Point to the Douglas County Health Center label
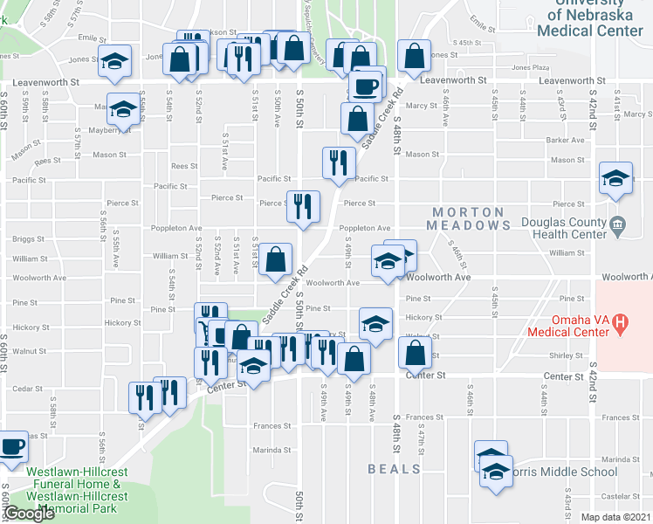[563, 228]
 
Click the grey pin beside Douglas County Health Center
[618, 225]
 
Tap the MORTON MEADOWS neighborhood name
[469, 218]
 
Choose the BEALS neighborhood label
[394, 469]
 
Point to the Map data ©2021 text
[615, 517]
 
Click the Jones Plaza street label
[530, 67]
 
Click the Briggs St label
[29, 238]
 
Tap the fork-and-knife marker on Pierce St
[301, 206]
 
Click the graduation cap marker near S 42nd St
[615, 179]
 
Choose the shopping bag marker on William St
[276, 259]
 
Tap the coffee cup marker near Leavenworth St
[364, 86]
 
